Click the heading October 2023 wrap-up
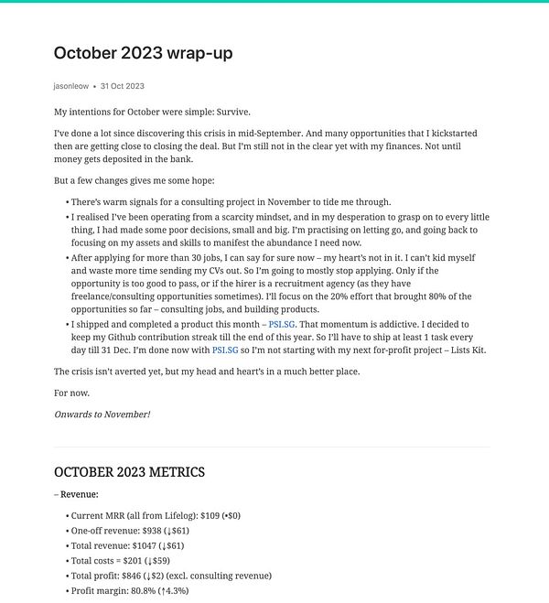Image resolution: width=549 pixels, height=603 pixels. (x=143, y=53)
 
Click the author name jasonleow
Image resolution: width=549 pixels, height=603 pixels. (x=71, y=86)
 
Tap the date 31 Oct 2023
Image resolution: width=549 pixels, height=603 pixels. (x=123, y=86)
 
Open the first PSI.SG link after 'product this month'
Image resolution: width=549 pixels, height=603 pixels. (x=282, y=324)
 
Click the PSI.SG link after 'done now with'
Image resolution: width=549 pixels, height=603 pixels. (x=225, y=350)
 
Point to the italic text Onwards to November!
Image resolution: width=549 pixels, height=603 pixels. (x=102, y=415)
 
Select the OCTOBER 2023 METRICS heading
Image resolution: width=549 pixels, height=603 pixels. (x=129, y=472)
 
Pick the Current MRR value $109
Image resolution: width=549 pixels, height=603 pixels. (x=189, y=516)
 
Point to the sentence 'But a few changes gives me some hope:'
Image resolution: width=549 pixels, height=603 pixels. (x=134, y=180)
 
